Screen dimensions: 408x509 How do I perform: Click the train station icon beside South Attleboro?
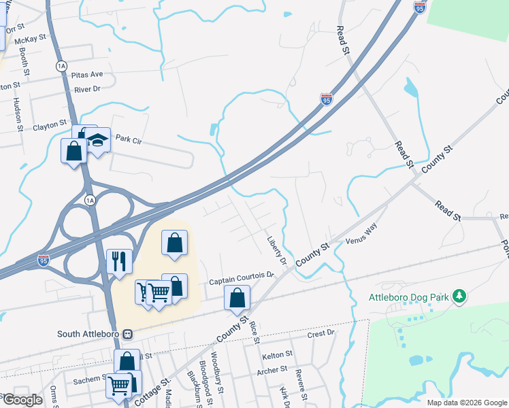click(x=128, y=335)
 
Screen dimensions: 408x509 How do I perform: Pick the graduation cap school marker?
click(x=98, y=140)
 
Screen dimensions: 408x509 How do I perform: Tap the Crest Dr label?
click(x=321, y=334)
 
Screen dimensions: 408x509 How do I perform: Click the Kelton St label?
click(x=277, y=354)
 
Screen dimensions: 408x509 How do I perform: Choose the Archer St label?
click(x=272, y=371)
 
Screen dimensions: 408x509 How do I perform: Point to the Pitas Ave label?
click(x=88, y=74)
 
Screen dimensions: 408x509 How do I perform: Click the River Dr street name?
click(x=87, y=89)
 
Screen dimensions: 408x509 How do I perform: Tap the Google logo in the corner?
click(x=22, y=400)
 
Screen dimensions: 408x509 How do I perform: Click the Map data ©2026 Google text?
click(x=466, y=403)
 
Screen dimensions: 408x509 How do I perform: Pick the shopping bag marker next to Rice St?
click(x=237, y=297)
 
